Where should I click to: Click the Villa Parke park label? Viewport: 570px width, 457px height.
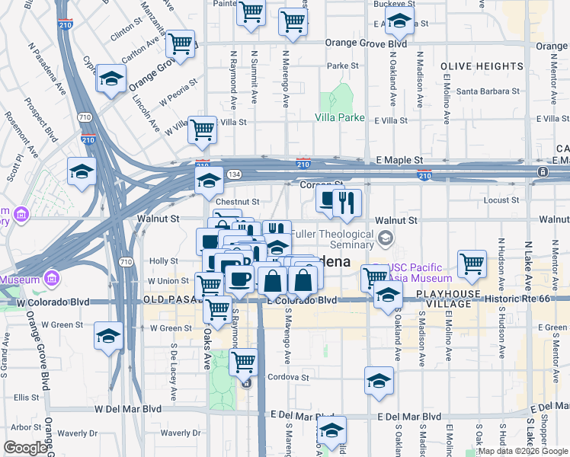341,118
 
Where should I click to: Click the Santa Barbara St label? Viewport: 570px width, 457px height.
488,92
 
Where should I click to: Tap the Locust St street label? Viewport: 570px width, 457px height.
501,200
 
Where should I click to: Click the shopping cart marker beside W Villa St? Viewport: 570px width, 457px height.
203,129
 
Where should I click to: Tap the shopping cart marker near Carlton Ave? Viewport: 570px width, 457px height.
181,43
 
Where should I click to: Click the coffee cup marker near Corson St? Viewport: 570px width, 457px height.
328,200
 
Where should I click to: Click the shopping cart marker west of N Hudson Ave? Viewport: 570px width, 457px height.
472,264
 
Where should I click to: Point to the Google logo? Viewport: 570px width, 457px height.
25,449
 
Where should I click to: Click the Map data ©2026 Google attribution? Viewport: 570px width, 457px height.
523,451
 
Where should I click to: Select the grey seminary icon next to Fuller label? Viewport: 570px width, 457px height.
386,239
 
